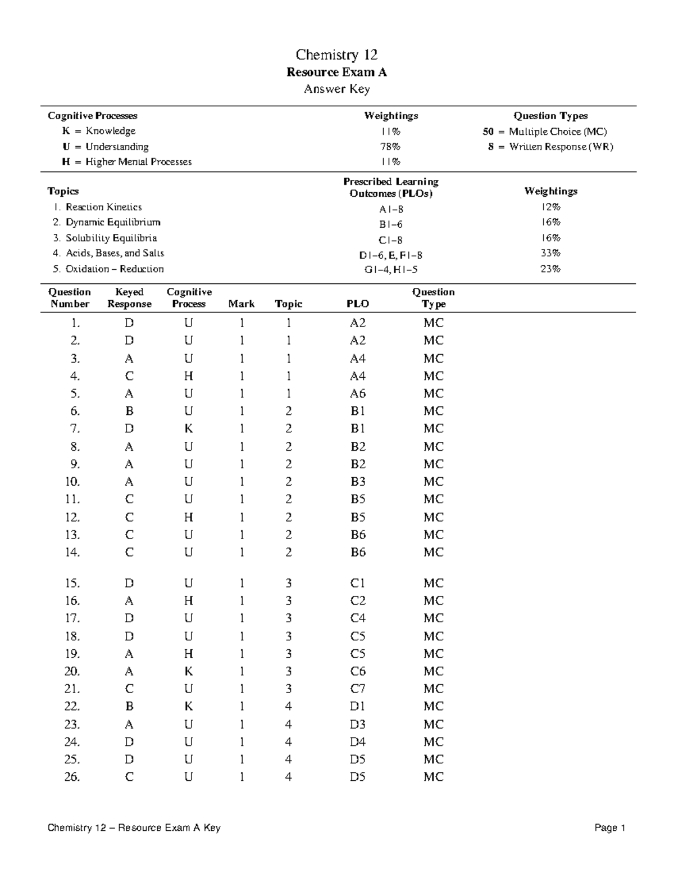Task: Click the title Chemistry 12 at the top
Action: (x=336, y=55)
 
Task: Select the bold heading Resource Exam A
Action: (x=336, y=72)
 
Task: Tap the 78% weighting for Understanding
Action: (x=391, y=147)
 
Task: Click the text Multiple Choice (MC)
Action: (x=557, y=132)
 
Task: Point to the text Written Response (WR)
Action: (x=561, y=147)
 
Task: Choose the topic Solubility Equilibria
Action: (x=111, y=238)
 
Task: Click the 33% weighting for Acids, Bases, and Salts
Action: (x=550, y=253)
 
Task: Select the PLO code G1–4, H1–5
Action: (x=391, y=269)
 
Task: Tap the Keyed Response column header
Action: (x=129, y=298)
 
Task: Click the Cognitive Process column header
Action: (x=189, y=298)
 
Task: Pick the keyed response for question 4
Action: (x=129, y=376)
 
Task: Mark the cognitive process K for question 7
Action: (x=189, y=428)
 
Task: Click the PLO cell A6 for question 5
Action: (x=358, y=393)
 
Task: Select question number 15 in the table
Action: (x=72, y=583)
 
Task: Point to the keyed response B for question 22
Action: (x=129, y=706)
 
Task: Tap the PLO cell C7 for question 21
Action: (x=358, y=689)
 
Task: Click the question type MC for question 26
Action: (x=433, y=777)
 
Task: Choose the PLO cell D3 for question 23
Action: (x=358, y=724)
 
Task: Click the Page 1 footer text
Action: (x=609, y=827)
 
